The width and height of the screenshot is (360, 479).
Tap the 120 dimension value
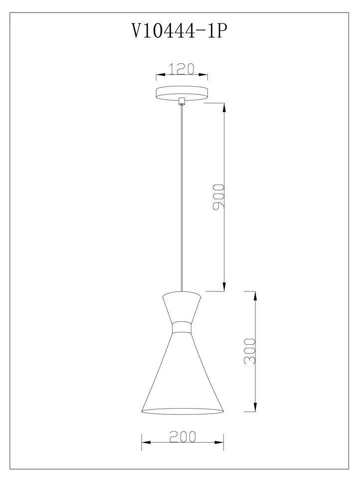click(x=181, y=69)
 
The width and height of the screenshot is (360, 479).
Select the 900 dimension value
click(x=218, y=197)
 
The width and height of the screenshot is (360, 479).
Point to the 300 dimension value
click(x=249, y=351)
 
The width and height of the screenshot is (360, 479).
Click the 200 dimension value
click(x=182, y=437)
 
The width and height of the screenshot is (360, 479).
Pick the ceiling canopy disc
click(x=181, y=93)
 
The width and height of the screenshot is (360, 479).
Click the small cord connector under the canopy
click(x=181, y=101)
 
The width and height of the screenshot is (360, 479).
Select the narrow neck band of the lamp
click(x=181, y=328)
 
